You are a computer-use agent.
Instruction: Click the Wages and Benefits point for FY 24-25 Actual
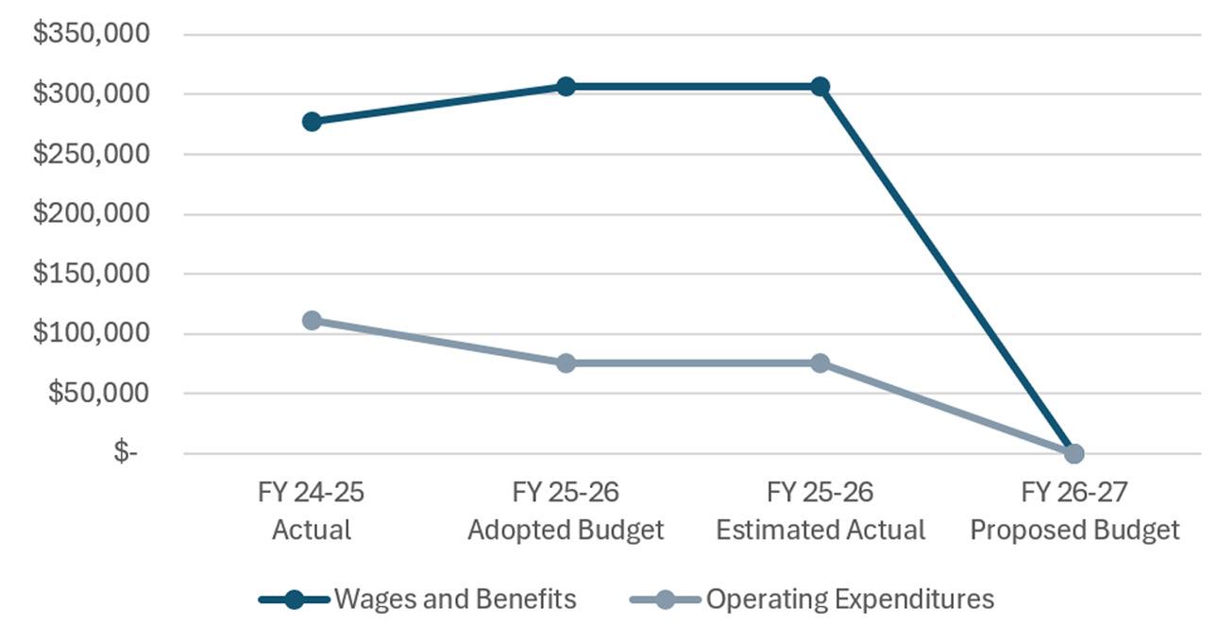[x=312, y=122]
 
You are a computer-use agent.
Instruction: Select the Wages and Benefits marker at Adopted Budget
[x=567, y=87]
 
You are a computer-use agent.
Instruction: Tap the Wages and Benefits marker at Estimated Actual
[x=820, y=87]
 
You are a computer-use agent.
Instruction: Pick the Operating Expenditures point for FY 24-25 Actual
[x=312, y=320]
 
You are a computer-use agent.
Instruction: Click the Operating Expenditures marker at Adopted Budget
[x=567, y=363]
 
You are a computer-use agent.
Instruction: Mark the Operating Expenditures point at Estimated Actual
[x=820, y=363]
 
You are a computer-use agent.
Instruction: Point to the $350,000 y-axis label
[x=91, y=33]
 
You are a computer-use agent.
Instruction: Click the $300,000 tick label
[x=91, y=93]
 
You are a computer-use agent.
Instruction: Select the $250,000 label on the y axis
[x=91, y=154]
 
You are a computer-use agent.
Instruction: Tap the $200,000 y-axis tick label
[x=91, y=213]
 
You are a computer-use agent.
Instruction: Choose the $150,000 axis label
[x=91, y=273]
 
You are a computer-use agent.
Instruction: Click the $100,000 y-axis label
[x=91, y=332]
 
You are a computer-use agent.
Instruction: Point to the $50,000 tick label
[x=98, y=393]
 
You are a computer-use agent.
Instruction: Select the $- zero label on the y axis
[x=126, y=452]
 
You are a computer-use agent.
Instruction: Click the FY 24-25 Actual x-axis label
[x=311, y=511]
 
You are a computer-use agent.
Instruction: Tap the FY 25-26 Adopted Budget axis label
[x=566, y=511]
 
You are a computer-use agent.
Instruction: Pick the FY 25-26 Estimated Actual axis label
[x=820, y=511]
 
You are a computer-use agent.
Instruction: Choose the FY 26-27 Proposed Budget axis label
[x=1074, y=511]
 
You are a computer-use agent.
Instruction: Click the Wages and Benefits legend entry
[x=417, y=599]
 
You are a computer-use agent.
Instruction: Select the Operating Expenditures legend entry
[x=812, y=599]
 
